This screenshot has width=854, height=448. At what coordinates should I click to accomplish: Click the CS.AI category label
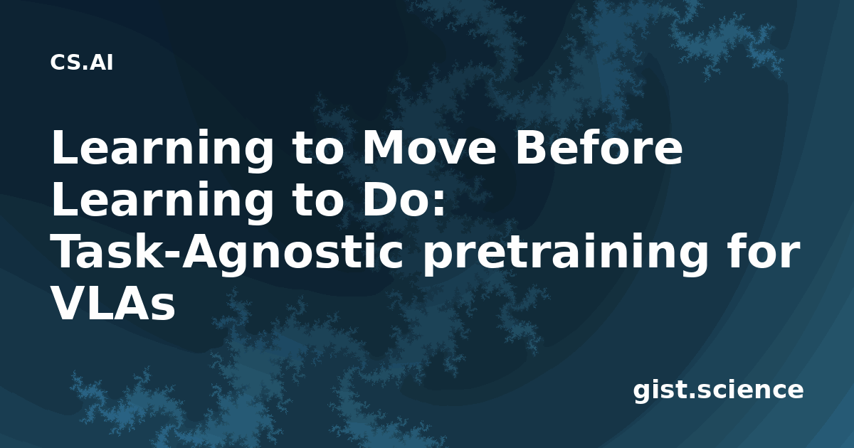(x=82, y=63)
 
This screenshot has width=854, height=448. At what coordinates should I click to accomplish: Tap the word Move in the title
(x=429, y=147)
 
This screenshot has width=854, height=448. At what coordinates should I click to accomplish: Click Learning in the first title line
(x=162, y=151)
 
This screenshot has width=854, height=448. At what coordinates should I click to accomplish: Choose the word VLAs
(x=113, y=304)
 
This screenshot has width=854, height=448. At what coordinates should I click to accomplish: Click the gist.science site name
(x=718, y=391)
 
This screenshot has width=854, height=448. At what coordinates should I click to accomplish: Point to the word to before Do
(x=318, y=202)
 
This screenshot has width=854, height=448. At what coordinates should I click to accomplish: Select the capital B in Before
(x=532, y=147)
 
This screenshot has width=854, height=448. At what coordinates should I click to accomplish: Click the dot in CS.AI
(x=85, y=68)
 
